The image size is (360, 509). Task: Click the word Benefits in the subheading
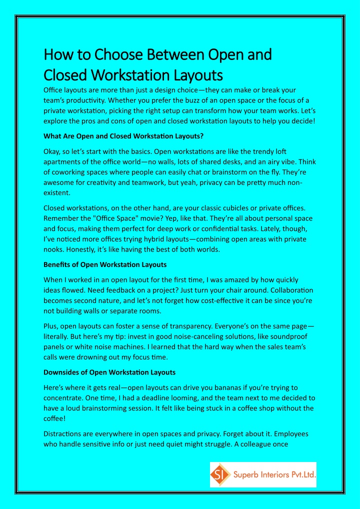point(57,264)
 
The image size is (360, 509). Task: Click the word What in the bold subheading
point(52,136)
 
